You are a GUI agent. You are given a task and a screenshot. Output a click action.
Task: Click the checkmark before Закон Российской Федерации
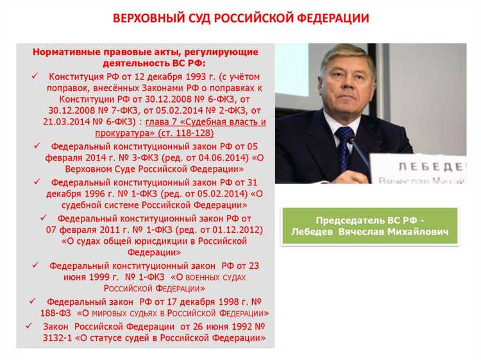(28, 325)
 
